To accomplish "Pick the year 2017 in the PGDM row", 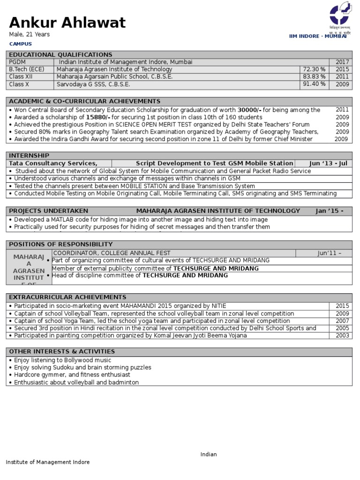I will pos(342,62).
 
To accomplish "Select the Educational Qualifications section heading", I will pos(61,55).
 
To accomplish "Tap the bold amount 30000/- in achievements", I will pos(249,110).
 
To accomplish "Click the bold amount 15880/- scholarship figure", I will pos(98,117).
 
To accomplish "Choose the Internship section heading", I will pos(29,156).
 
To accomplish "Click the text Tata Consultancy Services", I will pos(53,163).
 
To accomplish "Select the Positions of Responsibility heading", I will pos(61,244).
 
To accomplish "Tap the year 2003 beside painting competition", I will pos(342,336).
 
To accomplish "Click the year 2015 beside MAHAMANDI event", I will pos(342,306).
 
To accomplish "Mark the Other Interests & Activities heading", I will pos(62,352).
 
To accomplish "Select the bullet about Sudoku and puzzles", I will pos(82,367).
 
